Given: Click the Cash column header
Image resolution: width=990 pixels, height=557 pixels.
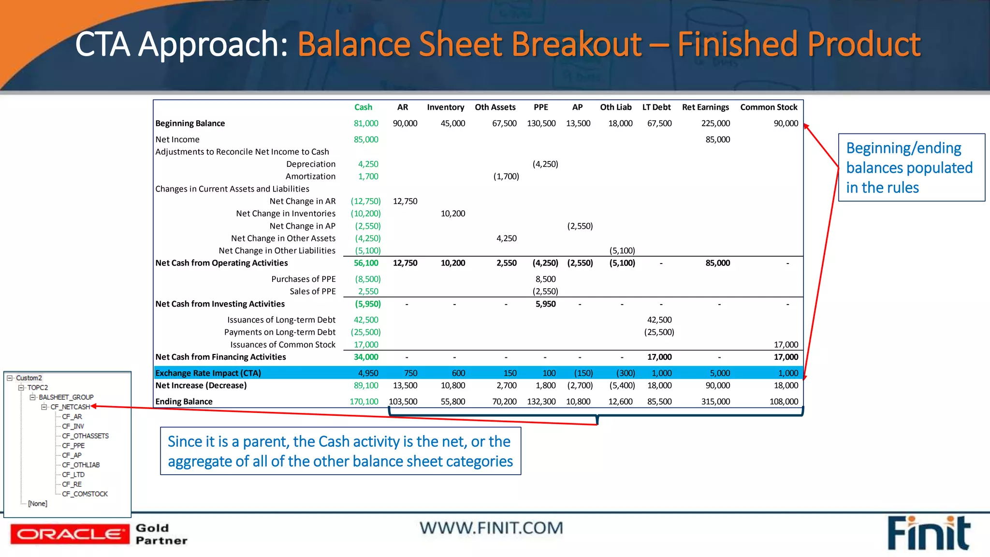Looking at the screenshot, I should pos(363,107).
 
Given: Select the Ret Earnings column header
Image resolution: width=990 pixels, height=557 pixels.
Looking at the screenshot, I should pos(705,107).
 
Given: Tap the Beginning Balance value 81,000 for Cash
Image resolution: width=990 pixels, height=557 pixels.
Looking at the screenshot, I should pos(366,123).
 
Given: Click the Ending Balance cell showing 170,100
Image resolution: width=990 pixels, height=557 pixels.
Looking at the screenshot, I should pos(364,401).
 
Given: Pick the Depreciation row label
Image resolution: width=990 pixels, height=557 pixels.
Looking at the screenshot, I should pos(310,164).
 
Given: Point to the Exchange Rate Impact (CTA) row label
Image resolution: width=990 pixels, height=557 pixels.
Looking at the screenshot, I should pos(208,373).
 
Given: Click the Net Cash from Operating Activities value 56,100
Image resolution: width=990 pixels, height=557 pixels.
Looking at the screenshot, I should pos(366,263).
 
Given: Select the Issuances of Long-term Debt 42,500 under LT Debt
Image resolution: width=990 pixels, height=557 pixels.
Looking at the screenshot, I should pos(659,320).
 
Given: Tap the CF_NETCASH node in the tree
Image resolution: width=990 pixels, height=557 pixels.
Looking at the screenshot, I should pos(70,407).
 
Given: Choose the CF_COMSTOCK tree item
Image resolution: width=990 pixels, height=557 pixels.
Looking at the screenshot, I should pos(85,494).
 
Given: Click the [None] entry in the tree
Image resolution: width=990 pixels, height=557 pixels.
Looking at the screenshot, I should pos(38,503).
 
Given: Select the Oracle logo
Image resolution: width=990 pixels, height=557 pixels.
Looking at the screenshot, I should pos(70,534).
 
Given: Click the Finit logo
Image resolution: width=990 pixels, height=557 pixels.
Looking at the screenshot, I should pos(929,533).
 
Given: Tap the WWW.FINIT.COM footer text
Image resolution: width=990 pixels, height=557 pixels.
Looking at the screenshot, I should pos(491,528).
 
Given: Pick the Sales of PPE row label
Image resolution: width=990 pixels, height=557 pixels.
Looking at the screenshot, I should pos(312,292).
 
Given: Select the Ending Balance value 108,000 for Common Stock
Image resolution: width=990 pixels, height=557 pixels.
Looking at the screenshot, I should pos(784,401).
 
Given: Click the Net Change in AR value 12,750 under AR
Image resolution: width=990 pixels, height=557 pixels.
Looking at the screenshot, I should pos(405,201).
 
